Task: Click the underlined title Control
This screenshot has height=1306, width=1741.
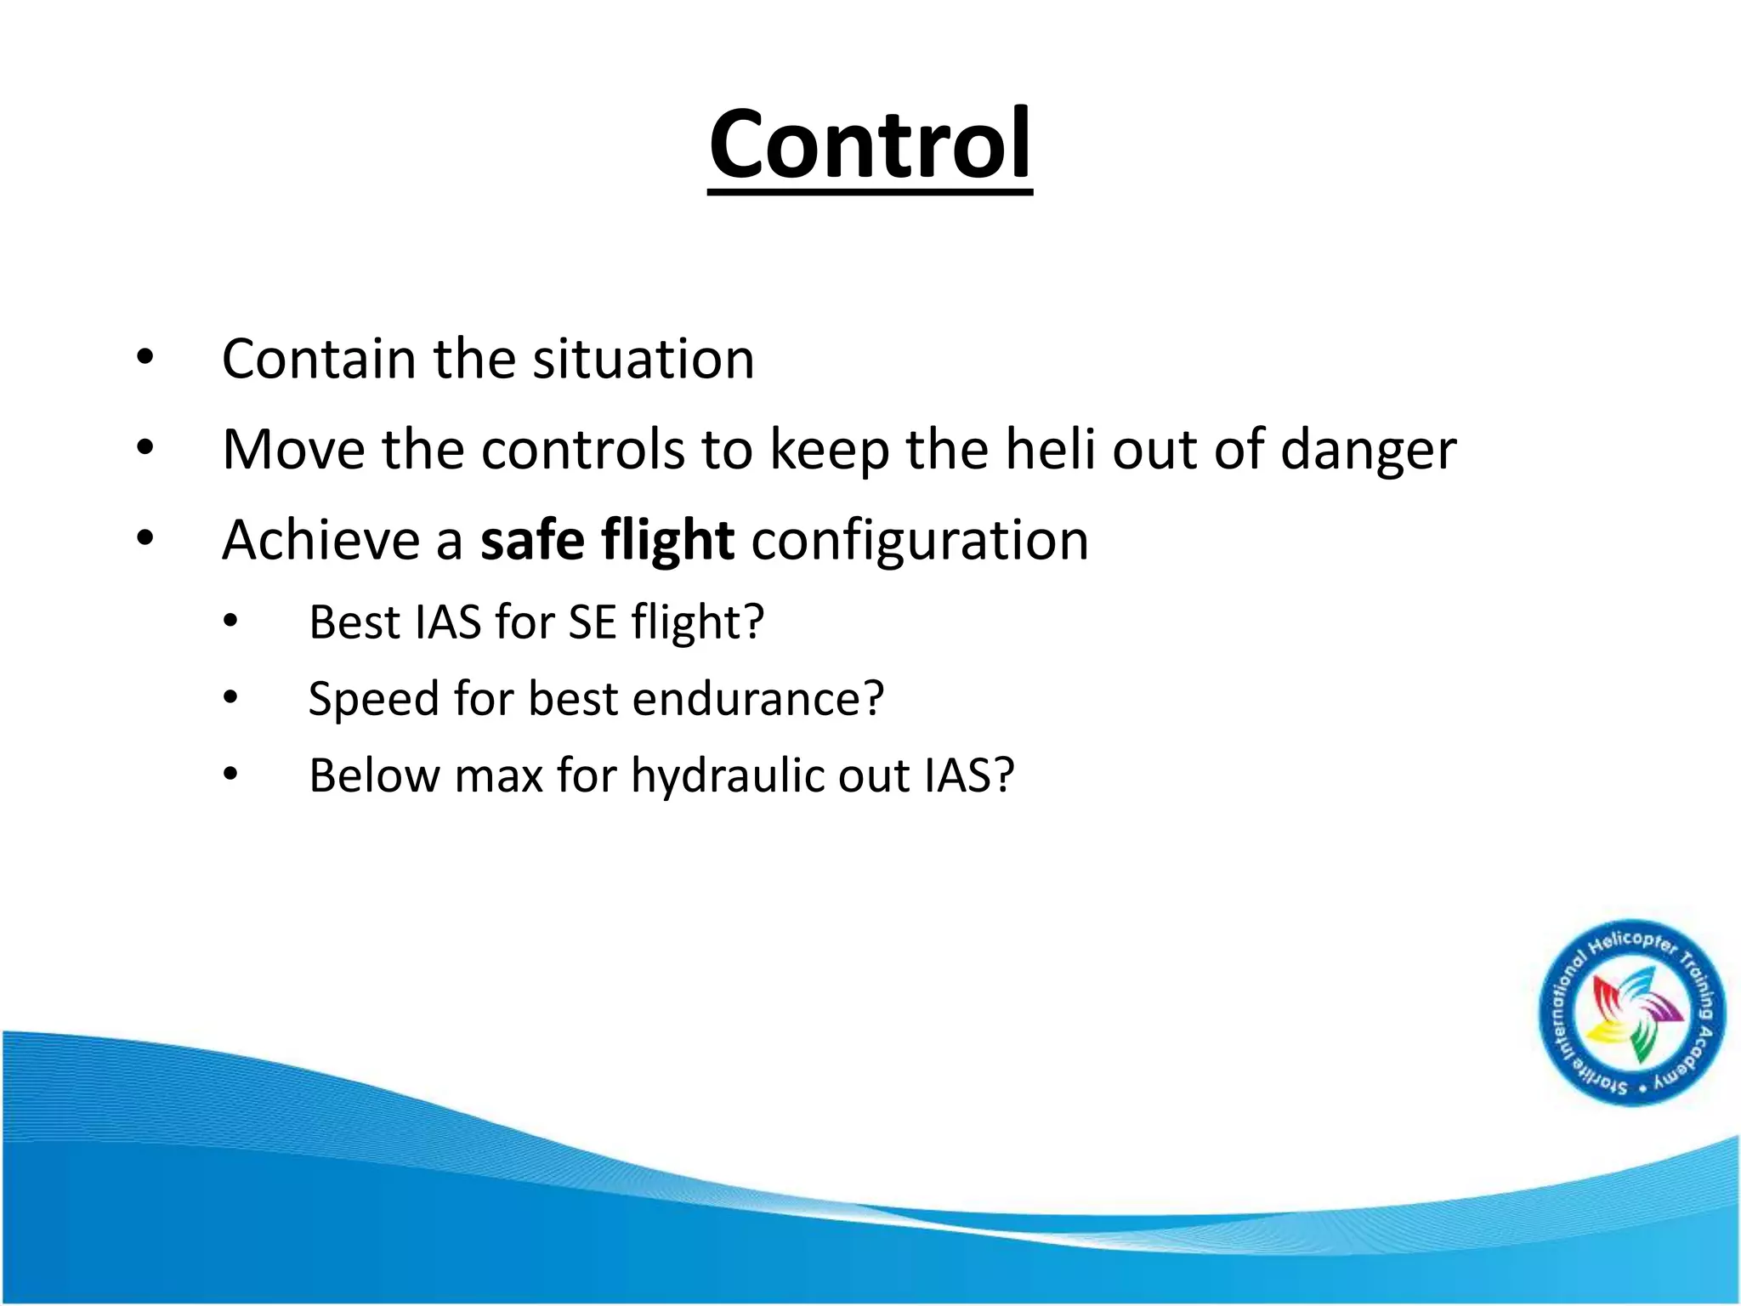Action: [x=870, y=145]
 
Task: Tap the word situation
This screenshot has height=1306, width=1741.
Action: [x=644, y=359]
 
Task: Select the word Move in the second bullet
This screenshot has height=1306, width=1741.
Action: [x=293, y=450]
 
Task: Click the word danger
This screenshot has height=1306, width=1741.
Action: [x=1368, y=450]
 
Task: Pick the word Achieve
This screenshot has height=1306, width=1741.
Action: [x=321, y=541]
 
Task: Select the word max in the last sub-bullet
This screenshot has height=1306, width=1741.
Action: [x=498, y=776]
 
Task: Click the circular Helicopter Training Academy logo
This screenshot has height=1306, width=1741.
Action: [x=1633, y=1013]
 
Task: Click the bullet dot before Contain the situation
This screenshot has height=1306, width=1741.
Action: [x=145, y=357]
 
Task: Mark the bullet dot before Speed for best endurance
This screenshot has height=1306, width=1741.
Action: [x=230, y=698]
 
